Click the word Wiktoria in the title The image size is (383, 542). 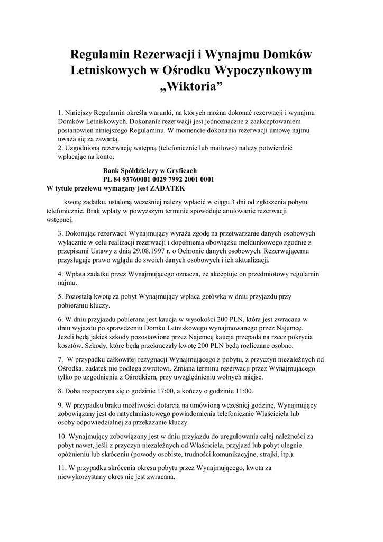(191, 86)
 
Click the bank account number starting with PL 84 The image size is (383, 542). (158, 179)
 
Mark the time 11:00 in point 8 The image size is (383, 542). (241, 391)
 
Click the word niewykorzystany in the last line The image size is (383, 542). (84, 476)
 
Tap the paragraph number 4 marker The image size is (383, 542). (60, 274)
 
